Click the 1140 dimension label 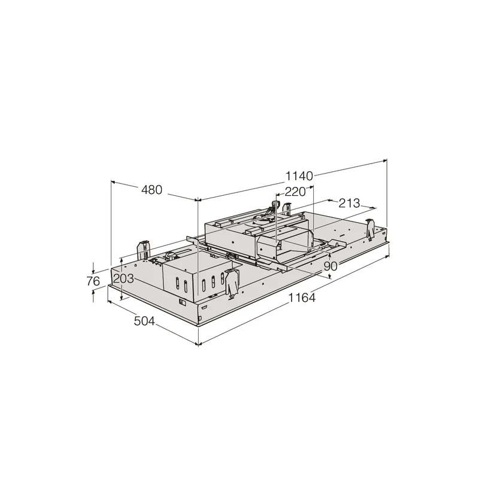click(x=299, y=176)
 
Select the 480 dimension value click(x=152, y=190)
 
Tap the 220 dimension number click(x=295, y=192)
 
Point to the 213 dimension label click(x=349, y=203)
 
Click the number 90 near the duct click(x=331, y=266)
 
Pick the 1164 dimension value click(x=302, y=298)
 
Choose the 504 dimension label click(x=144, y=321)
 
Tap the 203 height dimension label click(x=124, y=278)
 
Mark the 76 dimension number click(x=93, y=281)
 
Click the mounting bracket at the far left click(x=143, y=250)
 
